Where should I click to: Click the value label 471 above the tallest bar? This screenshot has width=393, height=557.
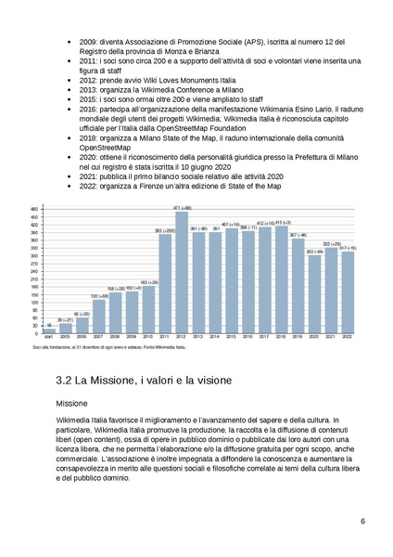[182, 208]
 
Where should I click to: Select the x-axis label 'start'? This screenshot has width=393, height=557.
[48, 338]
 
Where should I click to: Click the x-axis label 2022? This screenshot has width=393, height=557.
[348, 338]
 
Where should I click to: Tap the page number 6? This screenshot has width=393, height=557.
[362, 521]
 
